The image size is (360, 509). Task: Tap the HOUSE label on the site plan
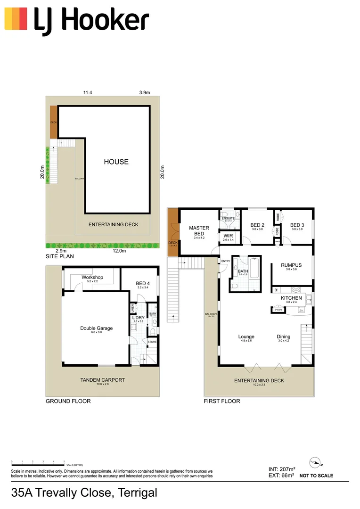[116, 162]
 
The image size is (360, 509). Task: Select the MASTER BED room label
[199, 231]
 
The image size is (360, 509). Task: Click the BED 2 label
[257, 225]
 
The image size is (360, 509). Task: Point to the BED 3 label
[297, 225]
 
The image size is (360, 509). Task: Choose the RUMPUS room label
[291, 265]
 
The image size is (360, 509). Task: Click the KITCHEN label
[291, 298]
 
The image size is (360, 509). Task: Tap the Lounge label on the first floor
[246, 337]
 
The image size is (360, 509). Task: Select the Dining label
[284, 337]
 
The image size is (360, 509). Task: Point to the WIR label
[229, 236]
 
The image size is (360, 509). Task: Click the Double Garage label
[96, 328]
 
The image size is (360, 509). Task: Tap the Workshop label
[92, 277]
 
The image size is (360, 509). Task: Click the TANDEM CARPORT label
[102, 380]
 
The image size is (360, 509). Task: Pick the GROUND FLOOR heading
[68, 401]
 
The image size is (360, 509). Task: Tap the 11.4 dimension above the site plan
[87, 93]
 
